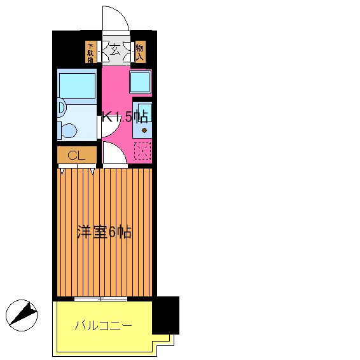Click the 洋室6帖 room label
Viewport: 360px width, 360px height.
pos(104,232)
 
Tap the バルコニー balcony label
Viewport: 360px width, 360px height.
pos(103,326)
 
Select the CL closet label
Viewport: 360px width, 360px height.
pos(76,155)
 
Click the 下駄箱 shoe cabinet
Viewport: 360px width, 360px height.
pos(92,52)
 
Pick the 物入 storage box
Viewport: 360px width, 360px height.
pos(140,52)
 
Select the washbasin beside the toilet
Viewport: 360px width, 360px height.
pos(62,108)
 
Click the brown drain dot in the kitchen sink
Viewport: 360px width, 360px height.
pos(144,130)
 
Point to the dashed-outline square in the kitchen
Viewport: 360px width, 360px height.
pos(143,151)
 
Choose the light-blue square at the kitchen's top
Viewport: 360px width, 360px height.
pos(140,81)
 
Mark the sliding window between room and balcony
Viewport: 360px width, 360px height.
pos(100,298)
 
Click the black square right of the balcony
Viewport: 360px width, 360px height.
pos(166,315)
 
